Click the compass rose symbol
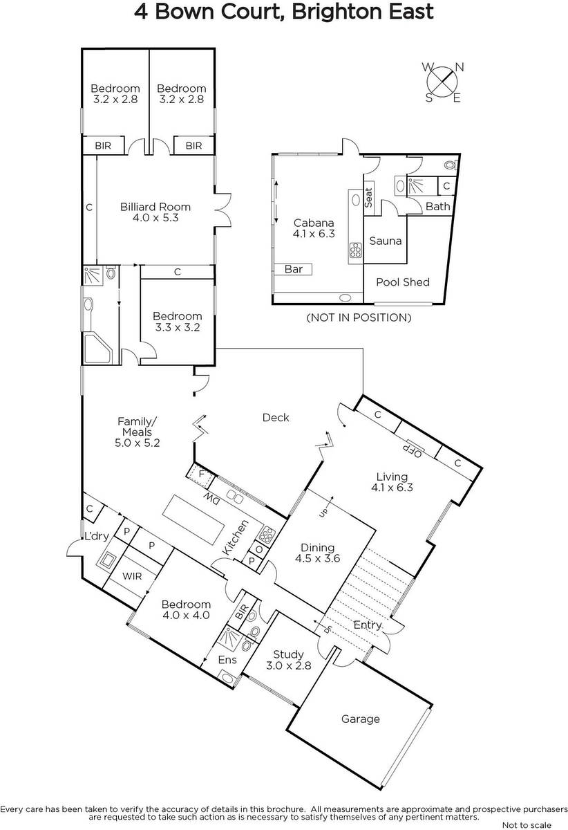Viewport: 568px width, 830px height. (442, 82)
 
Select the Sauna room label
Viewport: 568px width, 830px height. (386, 241)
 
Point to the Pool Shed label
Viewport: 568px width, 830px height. (403, 282)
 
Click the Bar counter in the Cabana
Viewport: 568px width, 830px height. (293, 269)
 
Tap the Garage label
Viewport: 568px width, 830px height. (360, 719)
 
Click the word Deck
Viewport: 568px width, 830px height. (276, 418)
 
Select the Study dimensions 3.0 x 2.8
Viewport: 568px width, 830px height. (288, 665)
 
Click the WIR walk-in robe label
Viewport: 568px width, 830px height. (132, 575)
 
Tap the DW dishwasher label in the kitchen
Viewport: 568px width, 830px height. (211, 500)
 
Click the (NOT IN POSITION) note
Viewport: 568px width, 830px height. (359, 317)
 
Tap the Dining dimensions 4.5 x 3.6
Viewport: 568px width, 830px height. (317, 558)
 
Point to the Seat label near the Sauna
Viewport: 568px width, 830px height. (368, 198)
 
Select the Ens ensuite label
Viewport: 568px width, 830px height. (227, 660)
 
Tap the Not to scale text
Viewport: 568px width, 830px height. (527, 824)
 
